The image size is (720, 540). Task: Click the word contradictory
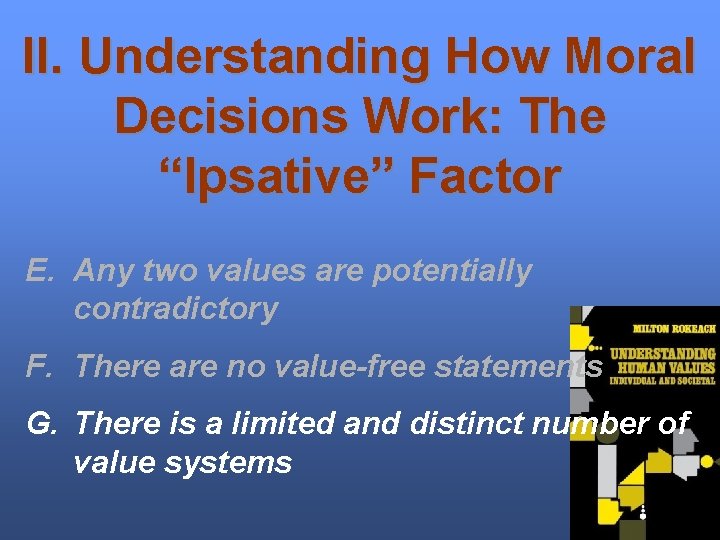(x=176, y=309)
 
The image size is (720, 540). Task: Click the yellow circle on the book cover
(x=707, y=462)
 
